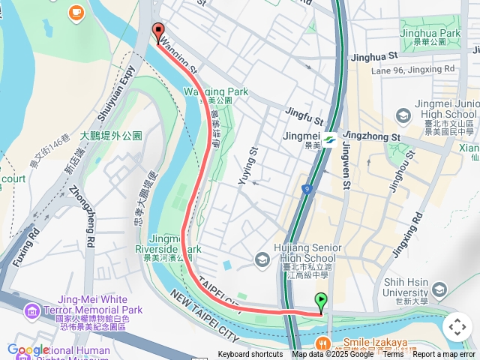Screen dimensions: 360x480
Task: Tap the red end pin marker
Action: pyautogui.click(x=158, y=31)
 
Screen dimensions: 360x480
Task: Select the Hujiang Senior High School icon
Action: pyautogui.click(x=262, y=259)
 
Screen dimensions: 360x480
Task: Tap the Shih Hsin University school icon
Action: pyautogui.click(x=439, y=289)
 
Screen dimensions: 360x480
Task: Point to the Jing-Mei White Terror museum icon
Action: pyautogui.click(x=31, y=310)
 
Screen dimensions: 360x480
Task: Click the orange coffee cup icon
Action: pyautogui.click(x=76, y=13)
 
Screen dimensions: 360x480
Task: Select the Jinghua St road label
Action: pyautogui.click(x=373, y=56)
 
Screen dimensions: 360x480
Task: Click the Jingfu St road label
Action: pyautogui.click(x=304, y=116)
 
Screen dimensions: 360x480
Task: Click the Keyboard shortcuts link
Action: pyautogui.click(x=250, y=355)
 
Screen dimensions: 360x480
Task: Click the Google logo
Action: pyautogui.click(x=28, y=349)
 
